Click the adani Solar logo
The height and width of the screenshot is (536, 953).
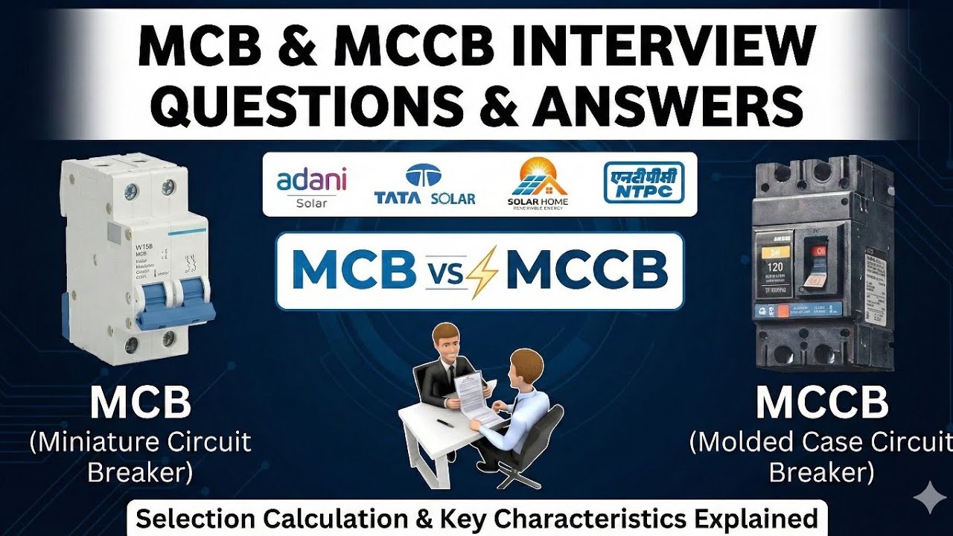pos(311,187)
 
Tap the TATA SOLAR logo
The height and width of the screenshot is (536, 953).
pos(425,185)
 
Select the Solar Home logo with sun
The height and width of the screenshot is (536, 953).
pos(538,183)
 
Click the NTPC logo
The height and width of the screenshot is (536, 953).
pos(643,182)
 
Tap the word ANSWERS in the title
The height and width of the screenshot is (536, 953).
pos(666,105)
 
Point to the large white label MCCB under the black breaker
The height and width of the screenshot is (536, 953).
pos(822,403)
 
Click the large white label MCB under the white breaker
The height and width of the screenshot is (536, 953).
pos(141,403)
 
